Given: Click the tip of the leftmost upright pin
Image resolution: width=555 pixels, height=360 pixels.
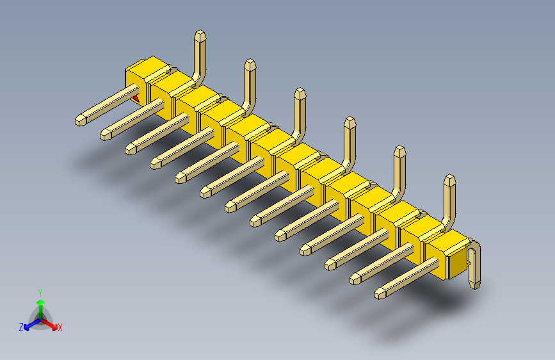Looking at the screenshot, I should [200, 35].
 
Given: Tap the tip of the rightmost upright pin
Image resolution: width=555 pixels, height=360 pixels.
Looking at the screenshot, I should [450, 179].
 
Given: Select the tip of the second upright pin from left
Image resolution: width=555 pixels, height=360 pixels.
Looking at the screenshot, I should [250, 63].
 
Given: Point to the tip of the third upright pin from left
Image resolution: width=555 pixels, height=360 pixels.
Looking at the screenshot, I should [299, 94].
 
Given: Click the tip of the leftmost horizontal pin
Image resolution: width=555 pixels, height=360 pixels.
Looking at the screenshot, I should [81, 120].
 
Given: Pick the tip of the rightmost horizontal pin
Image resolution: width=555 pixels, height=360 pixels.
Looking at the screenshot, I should [380, 293].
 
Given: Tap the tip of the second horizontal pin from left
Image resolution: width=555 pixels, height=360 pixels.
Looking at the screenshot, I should [106, 135].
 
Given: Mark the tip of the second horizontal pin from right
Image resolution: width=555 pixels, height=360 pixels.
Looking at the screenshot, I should [355, 279].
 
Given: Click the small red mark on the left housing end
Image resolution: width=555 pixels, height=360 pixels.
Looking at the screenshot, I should [136, 98].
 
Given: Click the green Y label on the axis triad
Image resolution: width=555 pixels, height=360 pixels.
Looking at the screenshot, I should [40, 291].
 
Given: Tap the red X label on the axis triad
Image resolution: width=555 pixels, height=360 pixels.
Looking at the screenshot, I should [60, 327].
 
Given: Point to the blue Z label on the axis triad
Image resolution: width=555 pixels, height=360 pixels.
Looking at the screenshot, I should [21, 327].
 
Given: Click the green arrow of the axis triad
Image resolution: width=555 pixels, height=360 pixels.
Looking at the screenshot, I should [40, 304].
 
